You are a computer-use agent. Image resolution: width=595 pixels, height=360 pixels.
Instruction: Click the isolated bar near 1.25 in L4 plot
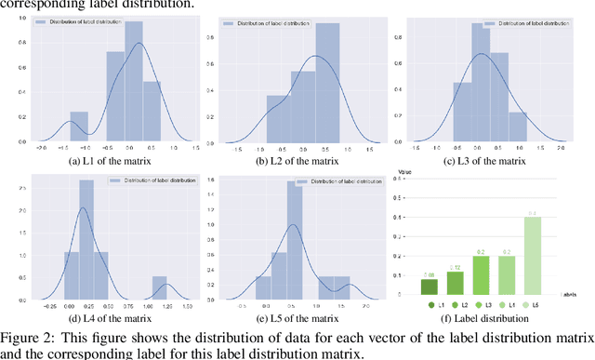(x=160, y=286)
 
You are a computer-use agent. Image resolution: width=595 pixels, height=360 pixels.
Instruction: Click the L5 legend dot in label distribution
(x=527, y=303)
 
